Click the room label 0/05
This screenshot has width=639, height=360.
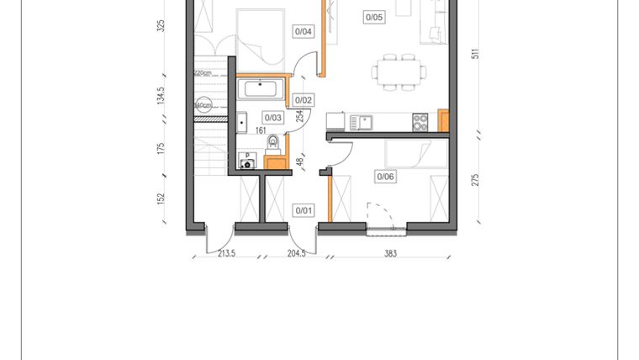(x=374, y=16)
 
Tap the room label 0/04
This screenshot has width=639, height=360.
(x=304, y=33)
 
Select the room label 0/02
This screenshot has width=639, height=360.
(x=304, y=100)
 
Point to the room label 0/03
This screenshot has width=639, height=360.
(x=273, y=119)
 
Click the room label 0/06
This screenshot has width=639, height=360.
(x=385, y=177)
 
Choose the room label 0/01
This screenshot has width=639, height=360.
(x=303, y=209)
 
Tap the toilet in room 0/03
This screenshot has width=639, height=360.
(x=272, y=155)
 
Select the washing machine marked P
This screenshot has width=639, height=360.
(x=247, y=161)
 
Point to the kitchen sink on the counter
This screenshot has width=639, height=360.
(x=362, y=123)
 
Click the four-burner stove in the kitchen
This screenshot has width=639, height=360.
(x=420, y=123)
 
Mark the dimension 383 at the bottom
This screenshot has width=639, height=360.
(x=388, y=252)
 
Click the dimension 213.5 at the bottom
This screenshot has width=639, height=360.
(x=226, y=252)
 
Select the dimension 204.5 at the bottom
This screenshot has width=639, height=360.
(x=297, y=252)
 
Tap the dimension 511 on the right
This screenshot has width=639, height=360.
(x=476, y=54)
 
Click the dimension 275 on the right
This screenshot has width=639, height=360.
(x=476, y=179)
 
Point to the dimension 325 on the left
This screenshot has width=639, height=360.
(x=161, y=25)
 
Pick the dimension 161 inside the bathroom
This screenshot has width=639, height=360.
(x=261, y=131)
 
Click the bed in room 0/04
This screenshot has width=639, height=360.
(x=261, y=34)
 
